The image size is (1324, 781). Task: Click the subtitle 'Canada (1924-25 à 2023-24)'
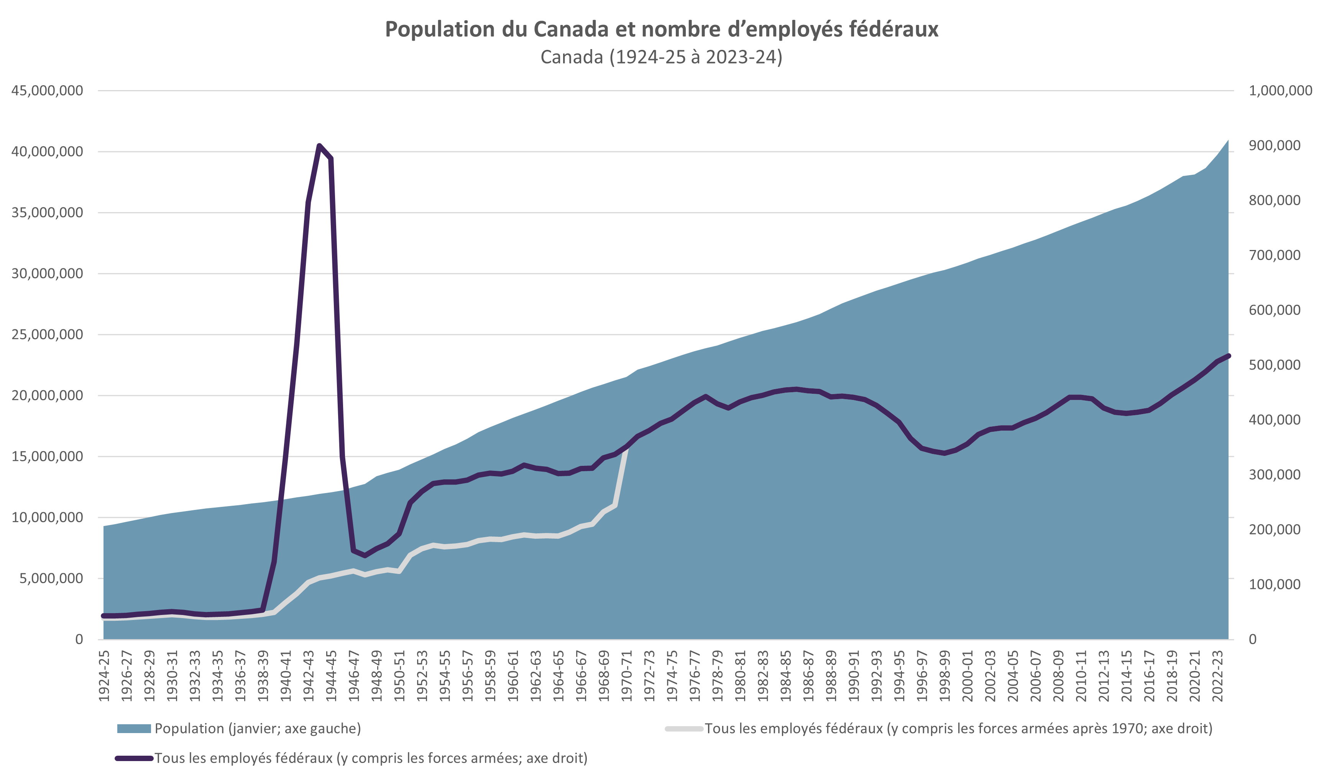coord(661,57)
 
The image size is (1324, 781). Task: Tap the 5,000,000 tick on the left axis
coord(51,579)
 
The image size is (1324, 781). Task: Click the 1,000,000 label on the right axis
coord(1280,90)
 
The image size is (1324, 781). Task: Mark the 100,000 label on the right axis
coord(1274,585)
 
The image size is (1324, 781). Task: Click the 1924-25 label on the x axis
coord(104,676)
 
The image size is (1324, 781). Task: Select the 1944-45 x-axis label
coord(332,676)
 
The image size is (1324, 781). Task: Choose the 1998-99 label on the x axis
coord(945,676)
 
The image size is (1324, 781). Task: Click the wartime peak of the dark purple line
coord(319,145)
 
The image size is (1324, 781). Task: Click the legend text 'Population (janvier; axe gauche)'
coord(258,728)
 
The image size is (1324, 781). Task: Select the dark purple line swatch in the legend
coord(134,758)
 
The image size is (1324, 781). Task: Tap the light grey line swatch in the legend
coord(684,729)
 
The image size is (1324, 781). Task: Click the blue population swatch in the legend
coord(134,729)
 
